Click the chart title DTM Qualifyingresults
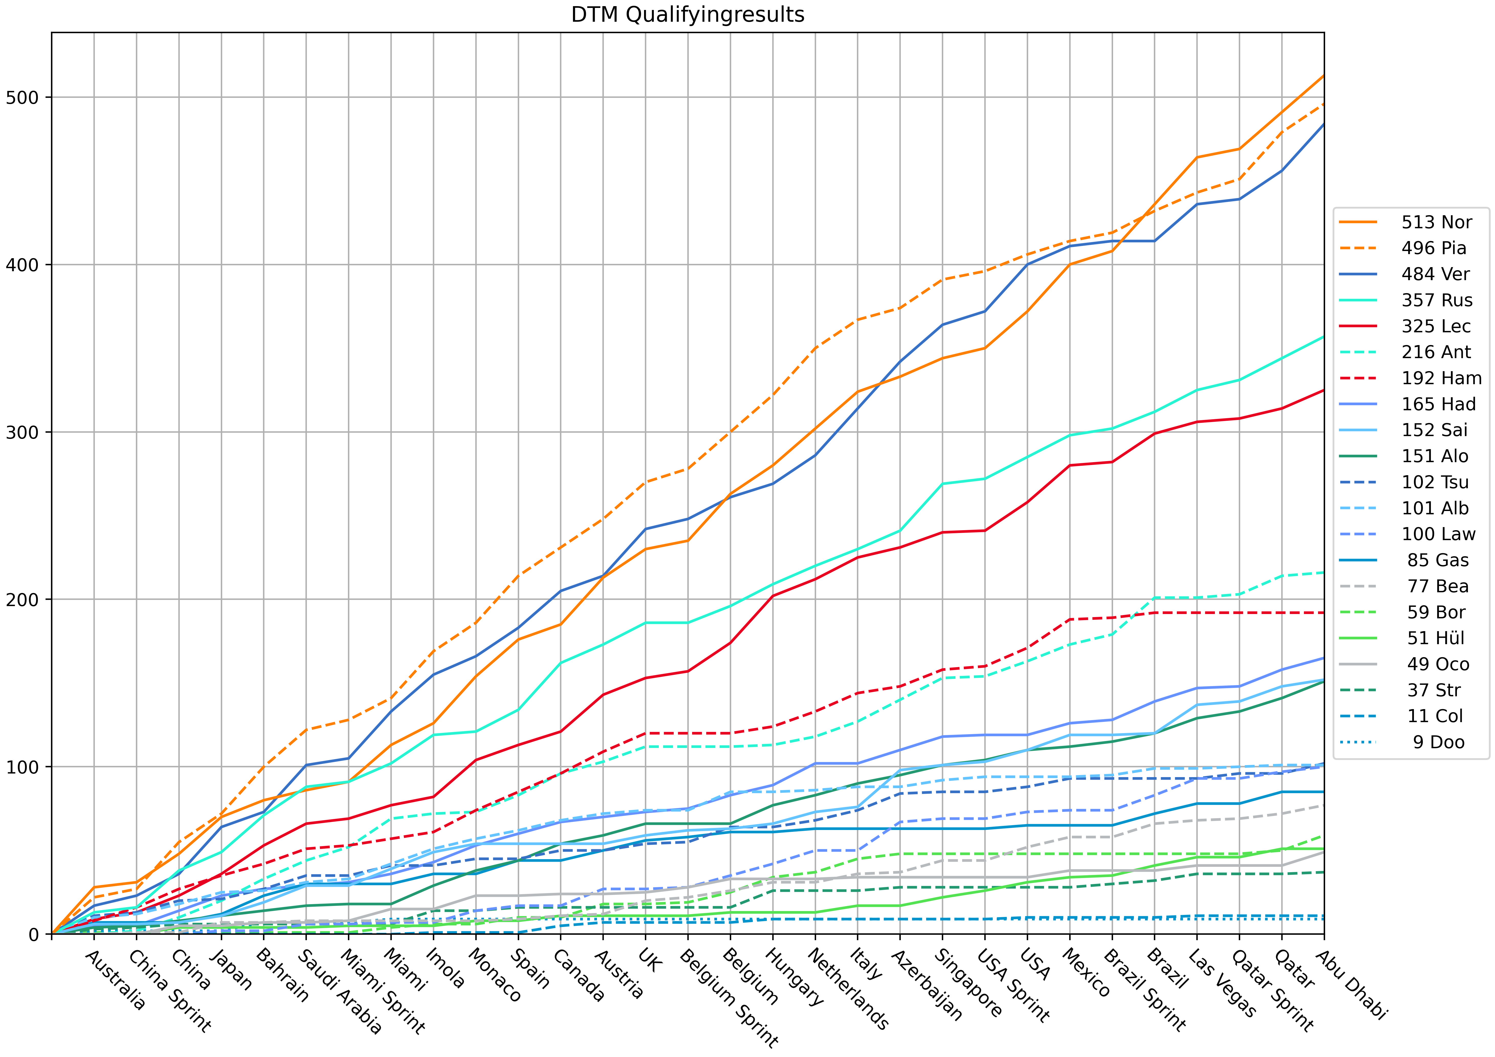688,14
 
